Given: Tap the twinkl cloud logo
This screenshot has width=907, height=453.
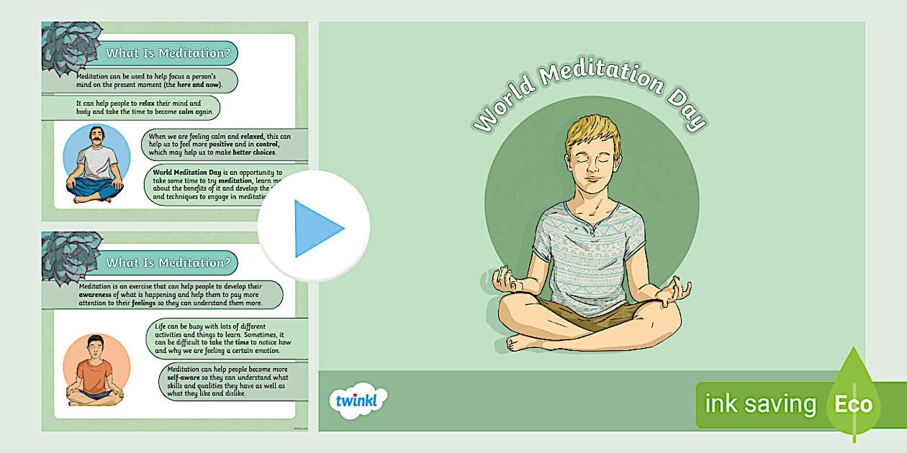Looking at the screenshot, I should (x=357, y=400).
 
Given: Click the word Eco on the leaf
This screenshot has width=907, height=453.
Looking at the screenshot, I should (x=853, y=403).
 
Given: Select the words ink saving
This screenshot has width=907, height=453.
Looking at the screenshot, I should (x=760, y=404).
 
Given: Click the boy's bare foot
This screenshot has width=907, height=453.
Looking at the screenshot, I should (x=525, y=343).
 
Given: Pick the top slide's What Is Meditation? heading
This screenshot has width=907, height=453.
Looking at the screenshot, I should (x=168, y=53).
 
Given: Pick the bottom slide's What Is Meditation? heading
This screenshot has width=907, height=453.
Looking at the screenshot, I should (x=168, y=262).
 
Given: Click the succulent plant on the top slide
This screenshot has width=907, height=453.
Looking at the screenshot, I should (x=71, y=47).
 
